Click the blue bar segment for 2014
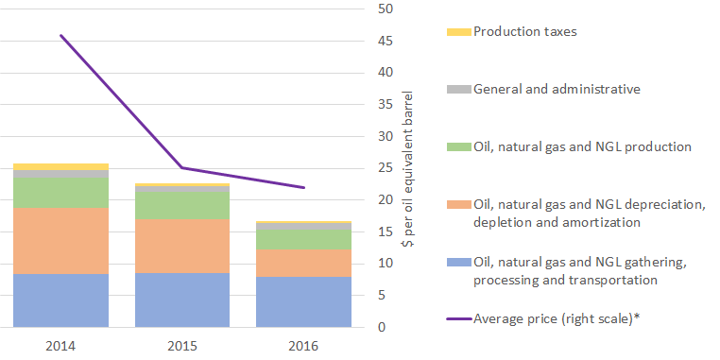60,300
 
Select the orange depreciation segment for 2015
182,246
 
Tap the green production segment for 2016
303,239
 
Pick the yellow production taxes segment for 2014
60,166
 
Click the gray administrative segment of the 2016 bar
303,226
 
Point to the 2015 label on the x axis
182,346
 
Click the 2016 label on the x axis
303,346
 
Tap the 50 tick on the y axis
385,9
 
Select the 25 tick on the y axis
385,168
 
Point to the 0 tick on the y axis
381,327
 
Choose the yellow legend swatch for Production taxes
458,32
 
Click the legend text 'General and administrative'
557,89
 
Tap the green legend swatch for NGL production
458,147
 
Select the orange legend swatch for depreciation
458,204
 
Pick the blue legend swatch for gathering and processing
458,262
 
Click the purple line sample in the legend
458,318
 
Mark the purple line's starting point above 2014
60,35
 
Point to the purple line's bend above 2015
182,167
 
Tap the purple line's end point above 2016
304,187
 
